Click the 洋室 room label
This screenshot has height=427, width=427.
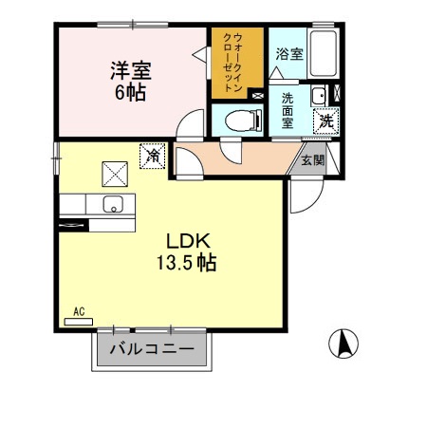click(x=130, y=69)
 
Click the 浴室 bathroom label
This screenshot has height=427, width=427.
click(x=289, y=54)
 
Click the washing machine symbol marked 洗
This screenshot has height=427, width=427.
click(x=325, y=121)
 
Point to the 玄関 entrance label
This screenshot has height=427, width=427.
click(x=312, y=160)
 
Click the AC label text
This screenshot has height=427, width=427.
click(x=79, y=311)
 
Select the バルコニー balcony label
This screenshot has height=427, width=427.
click(x=152, y=349)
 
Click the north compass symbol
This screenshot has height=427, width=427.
click(x=343, y=342)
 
